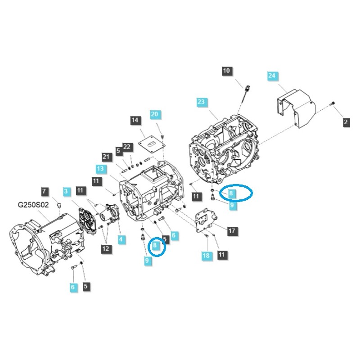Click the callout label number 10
pyautogui.click(x=226, y=71)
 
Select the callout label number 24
pyautogui.click(x=272, y=76)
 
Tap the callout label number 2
pyautogui.click(x=346, y=121)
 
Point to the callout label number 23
pyautogui.click(x=201, y=102)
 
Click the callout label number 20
pyautogui.click(x=154, y=114)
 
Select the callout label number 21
pyautogui.click(x=106, y=157)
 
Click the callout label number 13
pyautogui.click(x=100, y=168)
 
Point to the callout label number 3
pyautogui.click(x=66, y=192)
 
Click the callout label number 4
pyautogui.click(x=121, y=240)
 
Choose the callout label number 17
pyautogui.click(x=232, y=231)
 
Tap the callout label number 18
pyautogui.click(x=206, y=256)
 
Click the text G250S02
pyautogui.click(x=33, y=205)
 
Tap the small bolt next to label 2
pyautogui.click(x=333, y=103)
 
